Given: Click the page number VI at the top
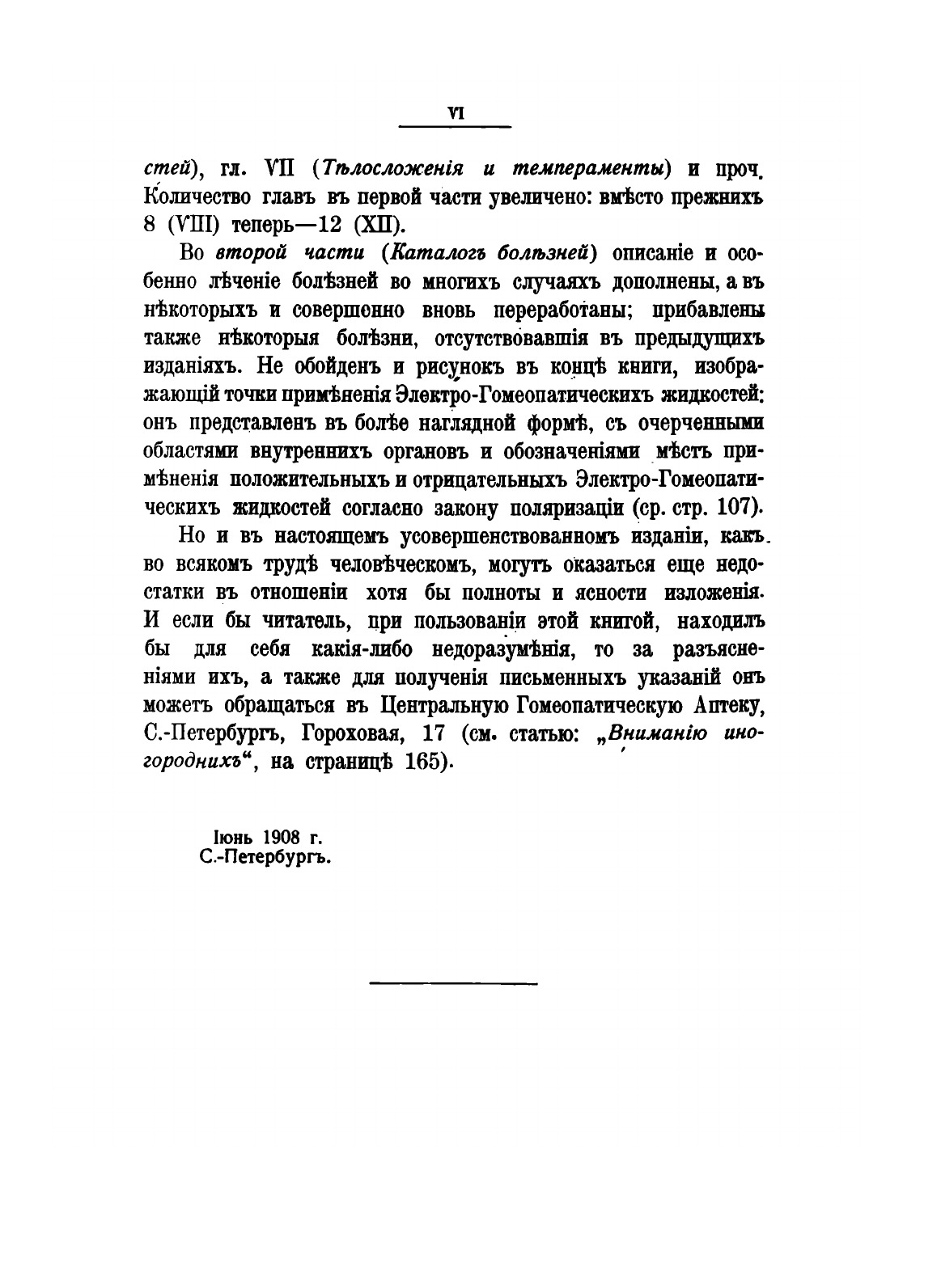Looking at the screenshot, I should pos(455,114).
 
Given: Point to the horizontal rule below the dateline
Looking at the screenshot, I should pos(454,984).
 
